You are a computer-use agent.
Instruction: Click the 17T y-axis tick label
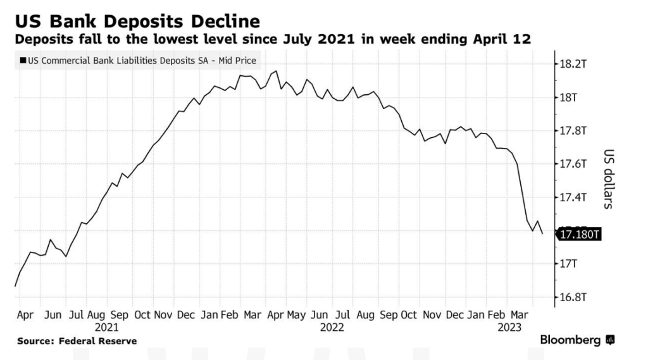567,263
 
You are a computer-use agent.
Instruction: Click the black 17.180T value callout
578,235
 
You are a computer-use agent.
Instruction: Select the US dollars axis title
609,179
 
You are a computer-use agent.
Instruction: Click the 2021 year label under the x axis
106,327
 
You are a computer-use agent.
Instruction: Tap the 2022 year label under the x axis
332,327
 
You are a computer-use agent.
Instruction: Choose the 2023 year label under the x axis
509,327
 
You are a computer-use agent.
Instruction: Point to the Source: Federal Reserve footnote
77,341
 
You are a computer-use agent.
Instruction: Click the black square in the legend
23,61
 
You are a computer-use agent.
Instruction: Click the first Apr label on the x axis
26,314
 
